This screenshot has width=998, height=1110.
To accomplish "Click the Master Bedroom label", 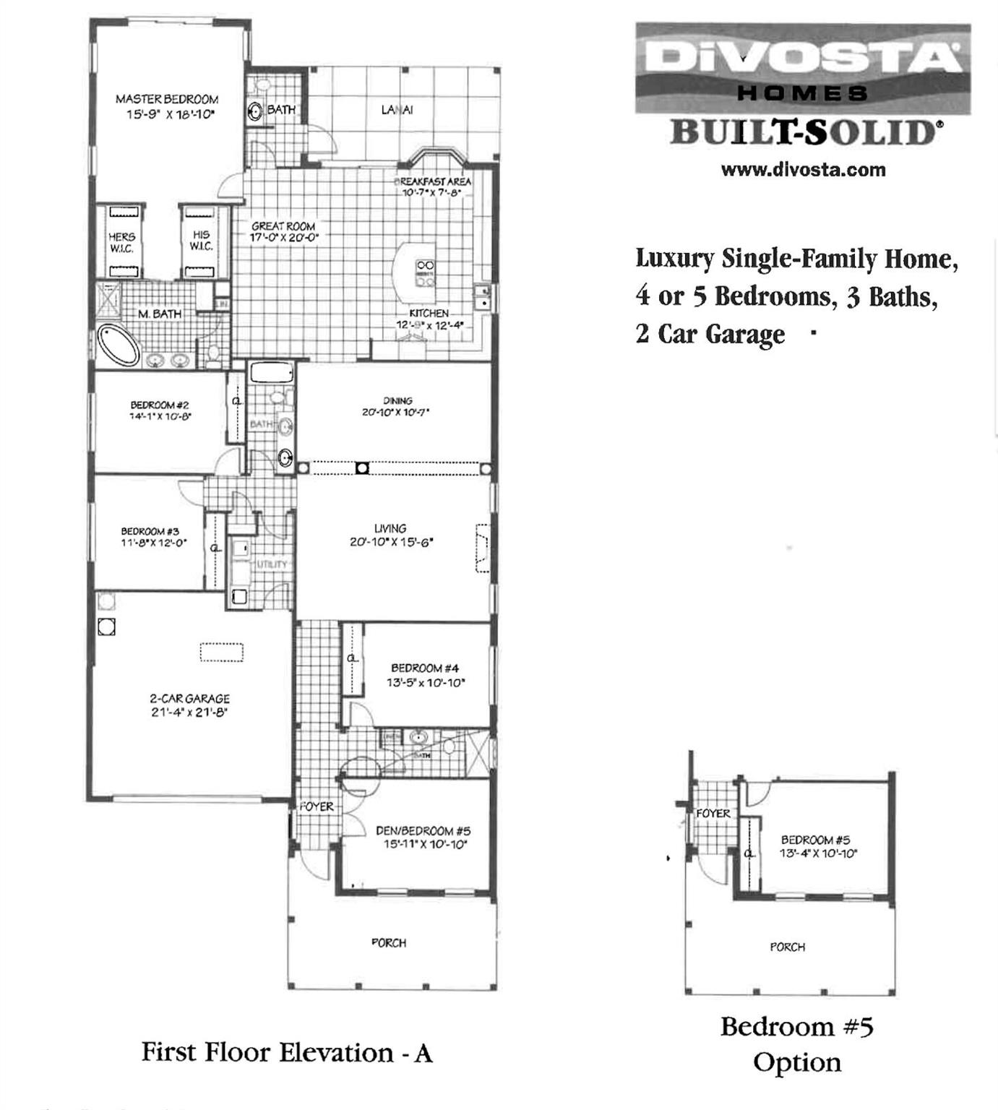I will [x=167, y=99].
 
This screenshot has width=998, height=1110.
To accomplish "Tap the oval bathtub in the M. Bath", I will [x=119, y=345].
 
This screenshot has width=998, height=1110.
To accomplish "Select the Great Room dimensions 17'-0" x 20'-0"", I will [x=284, y=237].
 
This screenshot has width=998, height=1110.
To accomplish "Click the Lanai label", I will [x=397, y=110].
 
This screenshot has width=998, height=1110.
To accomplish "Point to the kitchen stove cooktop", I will [x=425, y=272].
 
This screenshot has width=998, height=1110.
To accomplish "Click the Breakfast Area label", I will [x=433, y=181].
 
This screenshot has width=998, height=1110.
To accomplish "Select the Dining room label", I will [x=397, y=400].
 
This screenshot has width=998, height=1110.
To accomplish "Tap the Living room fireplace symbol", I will [x=482, y=548].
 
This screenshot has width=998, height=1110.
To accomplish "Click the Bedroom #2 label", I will [x=160, y=405].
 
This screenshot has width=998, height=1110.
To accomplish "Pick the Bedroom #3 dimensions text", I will [x=154, y=543].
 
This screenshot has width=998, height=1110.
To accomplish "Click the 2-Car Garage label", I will [x=189, y=699].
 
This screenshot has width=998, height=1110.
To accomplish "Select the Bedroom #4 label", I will [x=425, y=668].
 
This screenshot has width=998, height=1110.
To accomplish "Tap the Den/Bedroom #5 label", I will [x=423, y=831].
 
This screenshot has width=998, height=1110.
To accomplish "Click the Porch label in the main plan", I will [x=389, y=943].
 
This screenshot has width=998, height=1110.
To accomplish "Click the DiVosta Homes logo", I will [x=802, y=68].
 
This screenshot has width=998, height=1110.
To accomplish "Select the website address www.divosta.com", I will [x=803, y=171].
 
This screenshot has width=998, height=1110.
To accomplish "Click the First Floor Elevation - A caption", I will [x=287, y=1053].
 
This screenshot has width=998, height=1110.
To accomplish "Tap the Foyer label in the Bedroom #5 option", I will [x=713, y=814].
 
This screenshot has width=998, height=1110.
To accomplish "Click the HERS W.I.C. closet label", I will [x=121, y=242].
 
